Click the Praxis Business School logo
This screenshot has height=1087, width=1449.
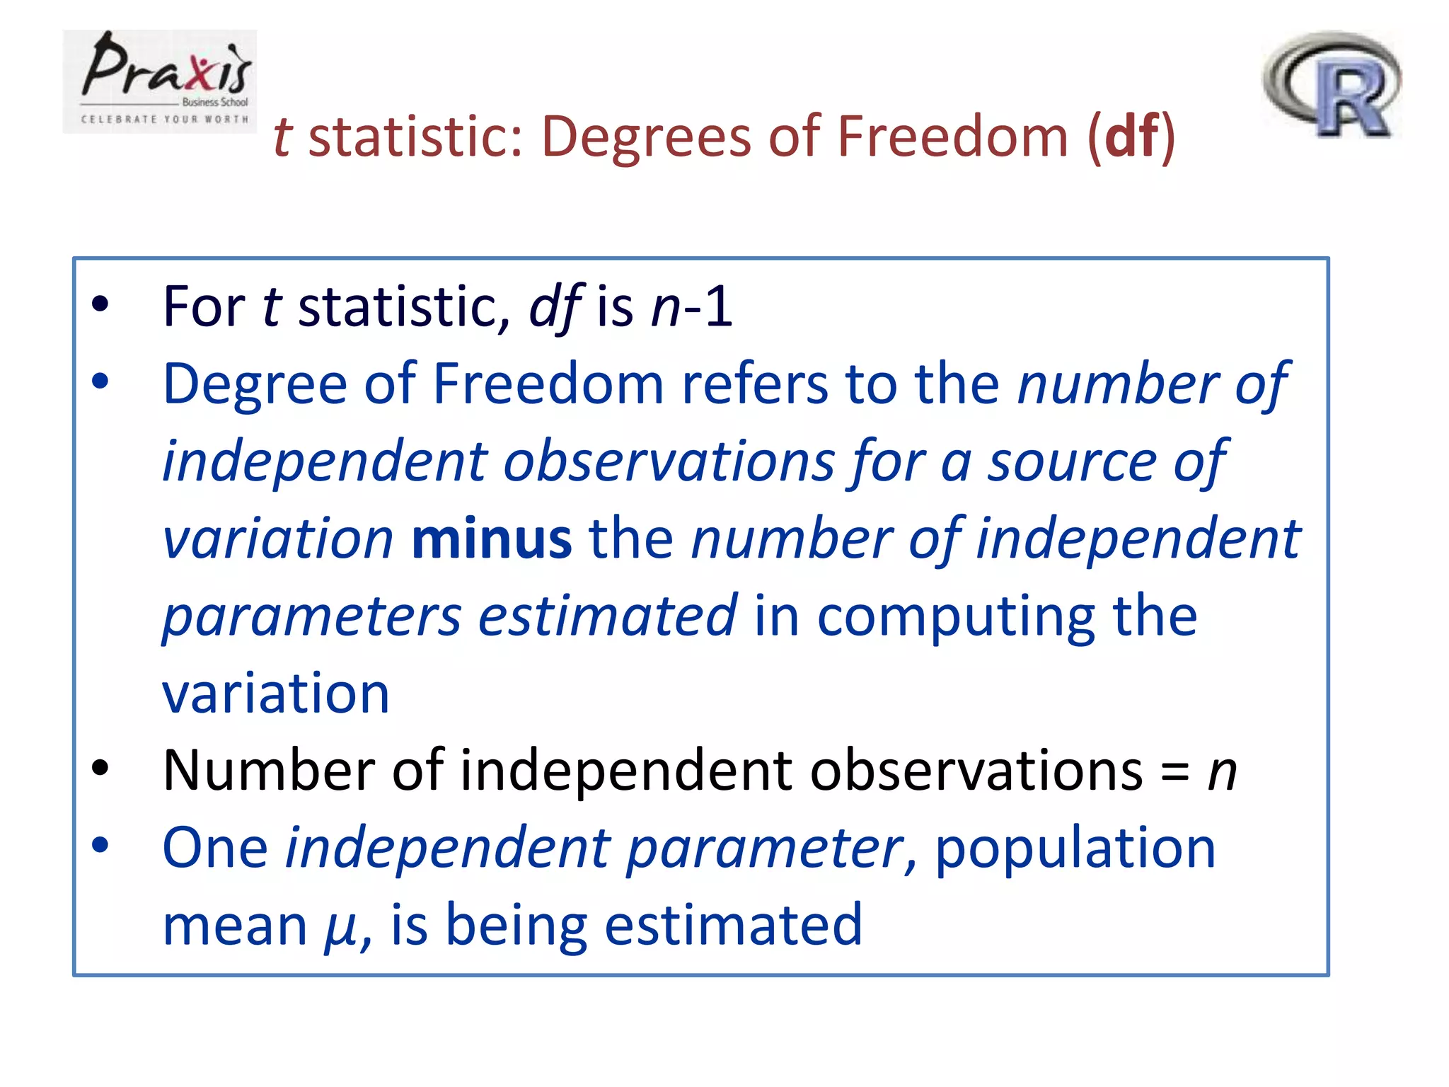tap(160, 81)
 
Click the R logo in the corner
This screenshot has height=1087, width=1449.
tap(1332, 84)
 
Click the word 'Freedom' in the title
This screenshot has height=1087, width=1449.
tap(952, 136)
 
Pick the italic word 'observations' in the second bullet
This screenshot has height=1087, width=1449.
tap(669, 461)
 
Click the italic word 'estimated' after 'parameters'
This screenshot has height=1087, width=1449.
tap(608, 616)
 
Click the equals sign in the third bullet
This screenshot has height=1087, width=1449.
tap(1174, 772)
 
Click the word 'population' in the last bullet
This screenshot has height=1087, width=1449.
tap(1075, 849)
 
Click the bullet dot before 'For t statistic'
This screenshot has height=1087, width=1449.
tap(100, 304)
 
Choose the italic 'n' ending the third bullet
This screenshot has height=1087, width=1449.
tap(1222, 772)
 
